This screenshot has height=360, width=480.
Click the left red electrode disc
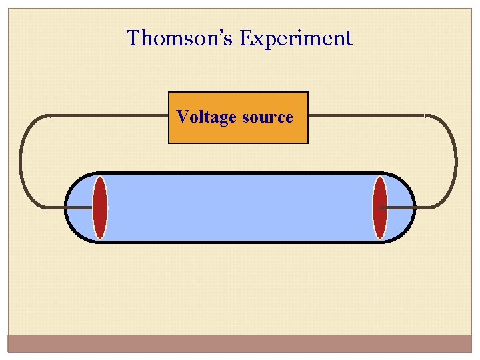pos(100,207)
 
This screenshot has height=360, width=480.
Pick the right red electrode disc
pos(379,207)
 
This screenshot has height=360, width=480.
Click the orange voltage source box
pos(238,133)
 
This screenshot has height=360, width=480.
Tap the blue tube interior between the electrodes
pos(240,207)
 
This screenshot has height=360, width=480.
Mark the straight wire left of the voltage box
pos(107,116)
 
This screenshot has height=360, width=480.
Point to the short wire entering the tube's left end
pos(79,207)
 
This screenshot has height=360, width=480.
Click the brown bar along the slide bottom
pos(240,343)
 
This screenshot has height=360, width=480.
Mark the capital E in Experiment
pos(245,38)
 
